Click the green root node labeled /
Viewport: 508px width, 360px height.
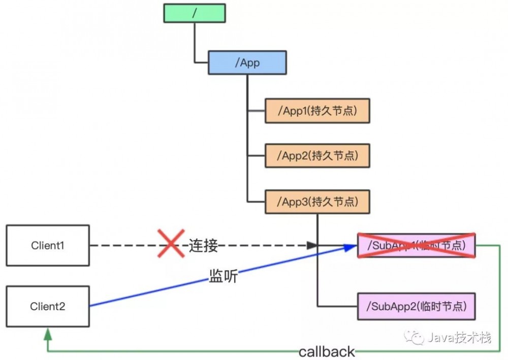pyautogui.click(x=195, y=13)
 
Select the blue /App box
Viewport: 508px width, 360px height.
pyautogui.click(x=247, y=62)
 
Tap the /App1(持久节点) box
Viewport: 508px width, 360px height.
pyautogui.click(x=317, y=111)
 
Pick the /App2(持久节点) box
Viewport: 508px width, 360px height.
pyautogui.click(x=317, y=156)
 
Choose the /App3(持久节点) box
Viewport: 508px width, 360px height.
pyautogui.click(x=317, y=202)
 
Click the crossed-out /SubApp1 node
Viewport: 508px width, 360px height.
pyautogui.click(x=416, y=246)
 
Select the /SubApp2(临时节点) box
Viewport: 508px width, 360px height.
pyautogui.click(x=416, y=306)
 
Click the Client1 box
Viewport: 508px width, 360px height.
pyautogui.click(x=48, y=246)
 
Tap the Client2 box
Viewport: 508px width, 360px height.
pyautogui.click(x=48, y=306)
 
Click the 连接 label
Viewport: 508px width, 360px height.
pyautogui.click(x=204, y=245)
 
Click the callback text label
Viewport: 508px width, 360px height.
pyautogui.click(x=327, y=351)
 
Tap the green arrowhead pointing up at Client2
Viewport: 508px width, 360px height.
pyautogui.click(x=48, y=333)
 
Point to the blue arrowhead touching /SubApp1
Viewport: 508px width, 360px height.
pyautogui.click(x=351, y=247)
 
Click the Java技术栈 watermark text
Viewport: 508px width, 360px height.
pyautogui.click(x=459, y=337)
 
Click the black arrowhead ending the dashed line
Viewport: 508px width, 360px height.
pyautogui.click(x=312, y=246)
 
